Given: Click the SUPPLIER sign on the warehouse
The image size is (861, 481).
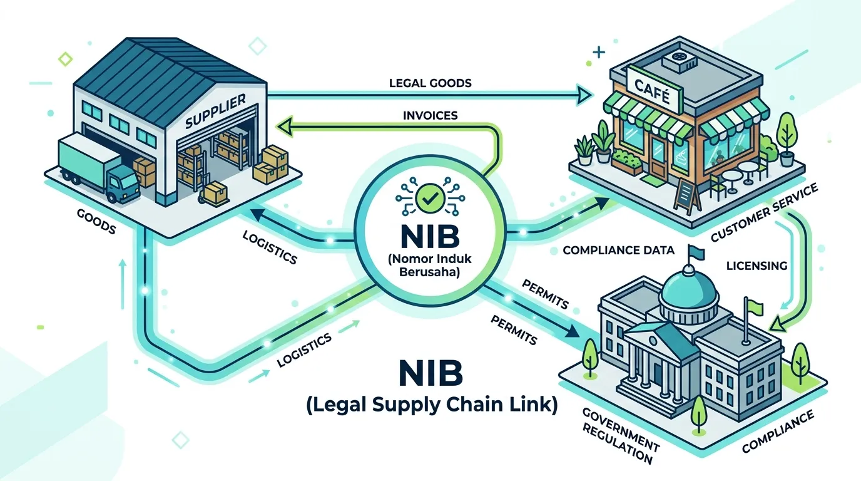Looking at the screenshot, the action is tap(215, 111).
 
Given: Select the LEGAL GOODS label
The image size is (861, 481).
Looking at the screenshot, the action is tap(430, 83).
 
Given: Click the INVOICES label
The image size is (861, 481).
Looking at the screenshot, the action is tap(430, 115).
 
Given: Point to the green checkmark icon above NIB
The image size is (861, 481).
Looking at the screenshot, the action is tap(430, 198).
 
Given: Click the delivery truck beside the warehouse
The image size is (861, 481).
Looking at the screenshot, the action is tap(98, 168).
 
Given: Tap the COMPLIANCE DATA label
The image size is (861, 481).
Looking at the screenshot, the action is tap(618, 251).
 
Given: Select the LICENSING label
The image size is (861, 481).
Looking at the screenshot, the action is tap(757, 266).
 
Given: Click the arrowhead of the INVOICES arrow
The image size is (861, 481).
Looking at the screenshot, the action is tap(285, 127).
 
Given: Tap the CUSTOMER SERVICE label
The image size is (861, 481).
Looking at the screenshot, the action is tap(764, 212).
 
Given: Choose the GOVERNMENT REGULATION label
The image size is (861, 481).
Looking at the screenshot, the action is tap(619, 437).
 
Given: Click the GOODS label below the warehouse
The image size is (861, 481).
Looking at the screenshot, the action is tap(96, 222).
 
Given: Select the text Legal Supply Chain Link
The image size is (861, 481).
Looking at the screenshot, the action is tap(432, 405).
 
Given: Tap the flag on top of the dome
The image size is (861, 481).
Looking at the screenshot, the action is tap(696, 252).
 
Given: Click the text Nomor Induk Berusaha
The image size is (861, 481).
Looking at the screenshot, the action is tap(429, 266).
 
